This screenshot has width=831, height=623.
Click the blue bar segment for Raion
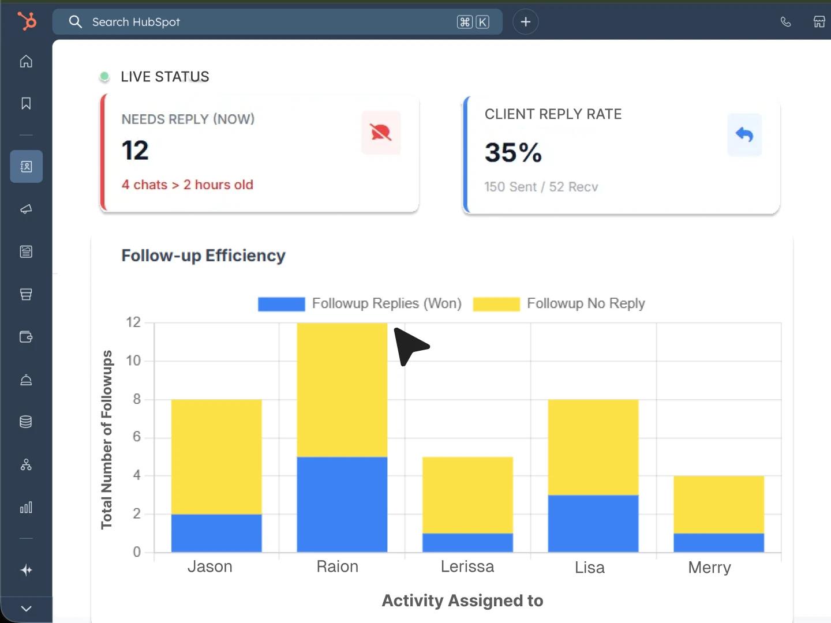(342, 504)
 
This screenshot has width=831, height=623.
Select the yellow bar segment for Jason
(216, 456)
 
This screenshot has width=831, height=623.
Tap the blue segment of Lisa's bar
(593, 523)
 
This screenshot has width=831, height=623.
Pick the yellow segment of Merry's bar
(718, 504)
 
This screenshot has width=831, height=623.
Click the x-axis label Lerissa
(467, 566)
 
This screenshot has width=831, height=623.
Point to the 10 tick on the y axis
(133, 361)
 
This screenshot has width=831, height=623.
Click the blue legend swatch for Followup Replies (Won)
(281, 304)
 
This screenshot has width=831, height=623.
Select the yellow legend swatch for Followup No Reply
(496, 304)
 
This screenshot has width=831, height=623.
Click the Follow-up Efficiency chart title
(203, 256)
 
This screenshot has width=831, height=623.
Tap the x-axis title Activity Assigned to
(462, 601)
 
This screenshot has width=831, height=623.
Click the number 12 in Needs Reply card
(135, 151)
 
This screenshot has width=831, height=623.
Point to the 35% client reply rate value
(513, 153)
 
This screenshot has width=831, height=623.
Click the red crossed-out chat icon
(381, 133)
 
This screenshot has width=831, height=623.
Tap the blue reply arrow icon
(744, 135)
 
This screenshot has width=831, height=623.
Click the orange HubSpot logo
(27, 21)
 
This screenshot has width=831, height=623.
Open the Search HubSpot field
(271, 22)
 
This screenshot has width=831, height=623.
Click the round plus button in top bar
(525, 22)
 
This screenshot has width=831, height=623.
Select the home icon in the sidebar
(26, 61)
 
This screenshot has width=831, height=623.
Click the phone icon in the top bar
(785, 22)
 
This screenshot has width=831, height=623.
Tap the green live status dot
(104, 76)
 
